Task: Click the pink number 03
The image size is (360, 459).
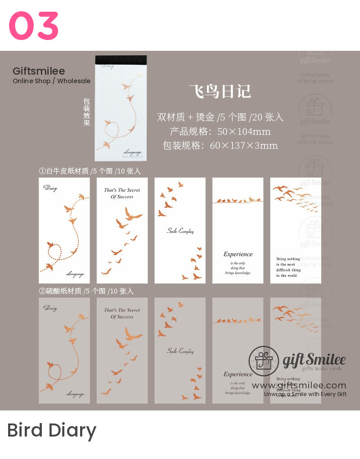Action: coord(34,26)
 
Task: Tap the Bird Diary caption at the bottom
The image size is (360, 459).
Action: coord(52,430)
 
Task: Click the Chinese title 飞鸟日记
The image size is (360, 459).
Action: coord(220,91)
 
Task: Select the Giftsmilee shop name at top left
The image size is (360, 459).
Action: coord(39,71)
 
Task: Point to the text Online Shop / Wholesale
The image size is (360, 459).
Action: coord(51,81)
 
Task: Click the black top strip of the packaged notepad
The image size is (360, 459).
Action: coord(121,59)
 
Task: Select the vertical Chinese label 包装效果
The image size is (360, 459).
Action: coord(87,112)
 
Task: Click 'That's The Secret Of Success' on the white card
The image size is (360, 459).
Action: coord(122,193)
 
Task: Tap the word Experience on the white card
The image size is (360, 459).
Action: coord(238,254)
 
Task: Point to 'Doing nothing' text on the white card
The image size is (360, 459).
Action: coord(288,259)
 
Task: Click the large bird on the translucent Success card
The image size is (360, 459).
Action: coord(132,334)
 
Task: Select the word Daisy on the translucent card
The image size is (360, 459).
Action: coord(50,308)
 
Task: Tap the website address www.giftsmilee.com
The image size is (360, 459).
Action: coord(299,385)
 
